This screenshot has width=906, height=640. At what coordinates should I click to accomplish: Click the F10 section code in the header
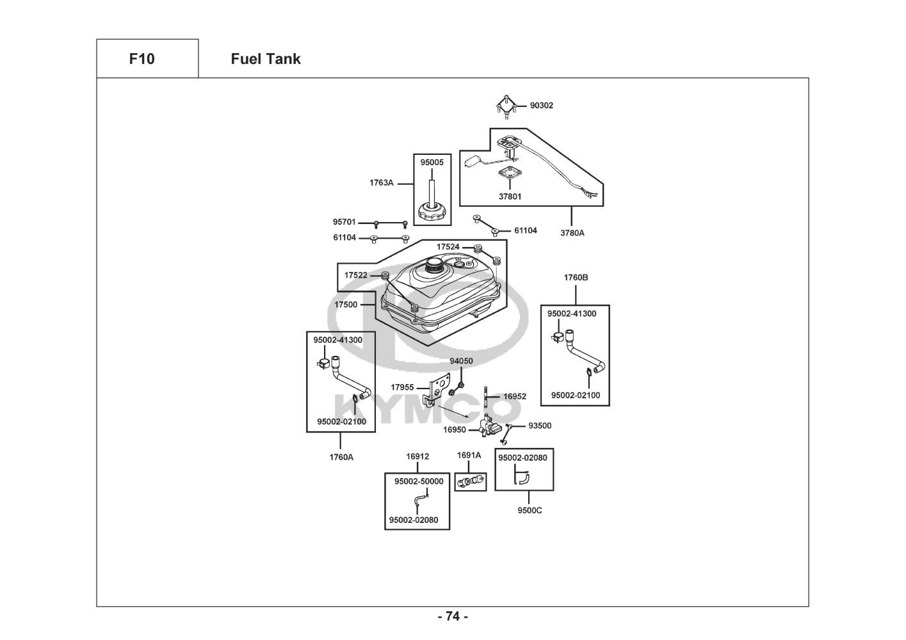tap(142, 59)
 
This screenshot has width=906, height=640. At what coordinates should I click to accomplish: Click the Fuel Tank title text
tap(265, 59)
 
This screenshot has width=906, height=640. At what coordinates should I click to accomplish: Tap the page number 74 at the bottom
tap(453, 616)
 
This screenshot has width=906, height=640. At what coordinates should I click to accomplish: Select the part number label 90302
tap(541, 106)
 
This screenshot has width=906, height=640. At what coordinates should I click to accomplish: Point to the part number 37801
tap(510, 196)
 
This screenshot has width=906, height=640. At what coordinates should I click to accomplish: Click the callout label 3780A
tap(572, 233)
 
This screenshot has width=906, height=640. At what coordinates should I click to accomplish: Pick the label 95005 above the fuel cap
tap(432, 163)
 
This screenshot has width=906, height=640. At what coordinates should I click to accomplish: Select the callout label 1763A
tap(381, 182)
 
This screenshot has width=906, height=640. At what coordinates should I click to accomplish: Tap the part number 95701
tap(344, 222)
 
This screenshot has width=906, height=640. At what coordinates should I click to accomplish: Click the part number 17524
tap(448, 246)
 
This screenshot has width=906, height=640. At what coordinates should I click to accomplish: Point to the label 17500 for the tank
tap(346, 305)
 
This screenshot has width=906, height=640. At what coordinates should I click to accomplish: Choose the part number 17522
tap(355, 275)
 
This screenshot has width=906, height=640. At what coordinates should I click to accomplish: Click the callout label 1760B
tap(576, 278)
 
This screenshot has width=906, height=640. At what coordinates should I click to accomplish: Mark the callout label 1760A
tap(341, 457)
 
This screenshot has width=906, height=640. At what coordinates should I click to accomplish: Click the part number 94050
tap(461, 361)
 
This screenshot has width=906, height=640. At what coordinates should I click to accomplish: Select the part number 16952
tap(514, 396)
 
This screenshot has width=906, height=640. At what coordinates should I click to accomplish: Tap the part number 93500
tap(539, 426)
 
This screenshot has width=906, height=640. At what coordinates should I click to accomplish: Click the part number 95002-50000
tap(419, 481)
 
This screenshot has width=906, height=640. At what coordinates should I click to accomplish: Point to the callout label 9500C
tap(530, 510)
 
